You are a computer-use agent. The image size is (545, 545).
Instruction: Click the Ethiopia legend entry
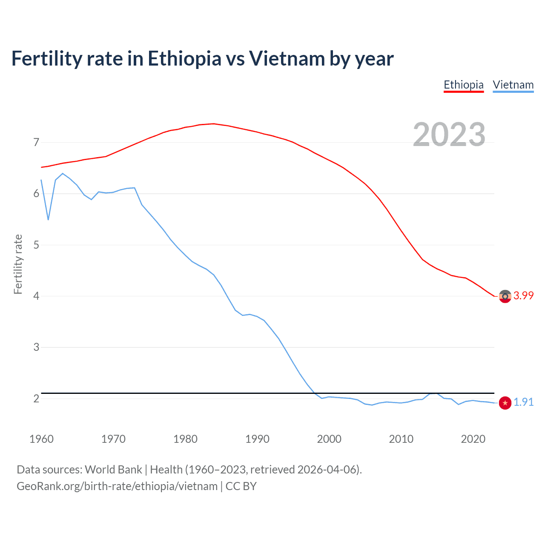pyautogui.click(x=463, y=85)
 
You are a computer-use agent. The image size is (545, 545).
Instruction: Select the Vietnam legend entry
pyautogui.click(x=513, y=85)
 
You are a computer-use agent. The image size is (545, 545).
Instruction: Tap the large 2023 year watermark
pyautogui.click(x=449, y=135)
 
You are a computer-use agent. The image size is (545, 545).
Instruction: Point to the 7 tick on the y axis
pyautogui.click(x=36, y=142)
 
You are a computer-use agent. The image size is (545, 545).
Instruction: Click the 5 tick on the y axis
pyautogui.click(x=36, y=245)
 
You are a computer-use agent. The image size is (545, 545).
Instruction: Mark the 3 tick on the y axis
pyautogui.click(x=36, y=347)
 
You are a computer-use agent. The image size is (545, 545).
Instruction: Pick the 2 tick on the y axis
pyautogui.click(x=36, y=399)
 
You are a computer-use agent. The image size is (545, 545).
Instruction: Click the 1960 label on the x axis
pyautogui.click(x=41, y=439)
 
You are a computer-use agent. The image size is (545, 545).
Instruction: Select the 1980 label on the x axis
pyautogui.click(x=185, y=439)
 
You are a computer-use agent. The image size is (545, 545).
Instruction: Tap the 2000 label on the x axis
pyautogui.click(x=329, y=439)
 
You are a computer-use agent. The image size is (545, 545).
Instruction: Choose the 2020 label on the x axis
pyautogui.click(x=473, y=439)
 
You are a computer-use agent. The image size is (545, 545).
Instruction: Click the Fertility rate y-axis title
pyautogui.click(x=18, y=264)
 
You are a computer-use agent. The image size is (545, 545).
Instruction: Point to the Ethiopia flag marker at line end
pyautogui.click(x=505, y=296)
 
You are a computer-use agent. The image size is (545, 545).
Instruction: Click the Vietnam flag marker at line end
pyautogui.click(x=505, y=403)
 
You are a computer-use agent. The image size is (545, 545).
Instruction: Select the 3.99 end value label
pyautogui.click(x=523, y=296)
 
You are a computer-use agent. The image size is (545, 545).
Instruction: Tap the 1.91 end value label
pyautogui.click(x=523, y=402)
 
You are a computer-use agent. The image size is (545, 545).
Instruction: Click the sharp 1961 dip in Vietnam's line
pyautogui.click(x=48, y=220)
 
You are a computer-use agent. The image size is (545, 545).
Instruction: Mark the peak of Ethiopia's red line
pyautogui.click(x=213, y=124)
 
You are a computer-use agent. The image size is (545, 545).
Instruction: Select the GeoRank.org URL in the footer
pyautogui.click(x=117, y=486)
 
